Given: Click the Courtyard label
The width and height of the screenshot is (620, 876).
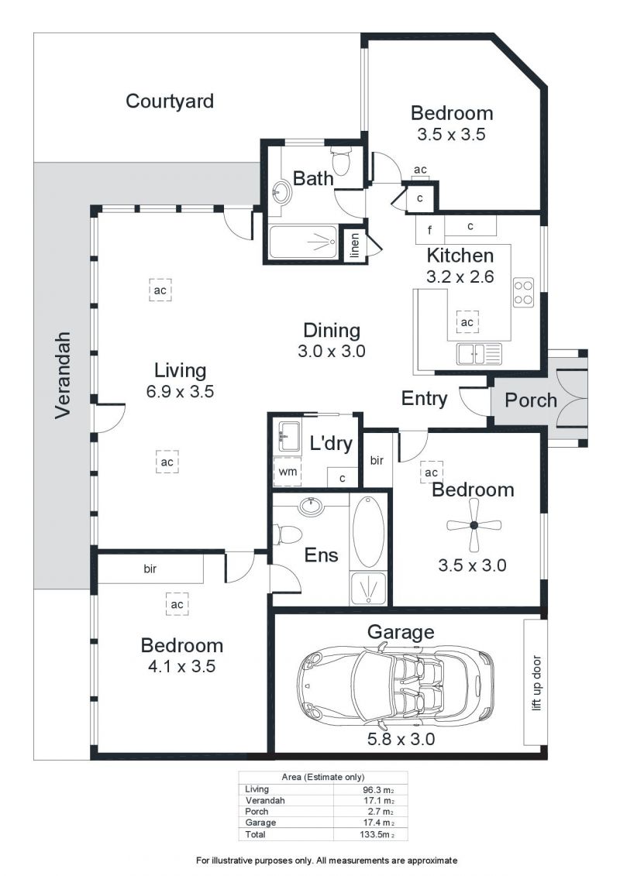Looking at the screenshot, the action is (170, 101).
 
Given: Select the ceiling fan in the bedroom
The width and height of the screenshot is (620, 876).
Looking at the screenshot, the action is (474, 524).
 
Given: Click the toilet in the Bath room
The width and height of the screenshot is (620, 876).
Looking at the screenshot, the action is (340, 160).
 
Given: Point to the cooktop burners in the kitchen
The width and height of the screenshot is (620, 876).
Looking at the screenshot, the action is (523, 292).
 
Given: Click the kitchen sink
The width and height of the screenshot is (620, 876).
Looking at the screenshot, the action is (479, 353).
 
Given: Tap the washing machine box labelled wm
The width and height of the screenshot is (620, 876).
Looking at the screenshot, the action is (288, 472).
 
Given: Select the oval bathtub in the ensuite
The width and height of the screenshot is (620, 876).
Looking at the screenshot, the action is (368, 531).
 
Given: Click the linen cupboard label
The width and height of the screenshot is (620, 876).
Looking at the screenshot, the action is (354, 246).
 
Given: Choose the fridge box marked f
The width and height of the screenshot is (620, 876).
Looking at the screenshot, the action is (430, 229).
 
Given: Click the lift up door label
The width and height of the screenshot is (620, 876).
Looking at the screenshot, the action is (537, 682).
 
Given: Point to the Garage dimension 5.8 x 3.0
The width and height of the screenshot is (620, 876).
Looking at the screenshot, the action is (401, 739).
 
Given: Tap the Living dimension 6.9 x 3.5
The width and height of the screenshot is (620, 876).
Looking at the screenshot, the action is (180, 391).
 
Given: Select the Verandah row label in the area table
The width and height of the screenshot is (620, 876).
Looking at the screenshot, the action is (265, 801).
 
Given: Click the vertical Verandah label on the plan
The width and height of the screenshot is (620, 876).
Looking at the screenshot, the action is (63, 375).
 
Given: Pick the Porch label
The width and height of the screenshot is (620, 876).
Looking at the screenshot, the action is (531, 400).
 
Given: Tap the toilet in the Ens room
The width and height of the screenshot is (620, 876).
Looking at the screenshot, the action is (288, 534).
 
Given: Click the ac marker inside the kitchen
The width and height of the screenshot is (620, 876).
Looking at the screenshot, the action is (467, 321).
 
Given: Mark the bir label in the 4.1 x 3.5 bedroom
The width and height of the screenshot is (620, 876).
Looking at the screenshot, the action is (150, 569).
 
